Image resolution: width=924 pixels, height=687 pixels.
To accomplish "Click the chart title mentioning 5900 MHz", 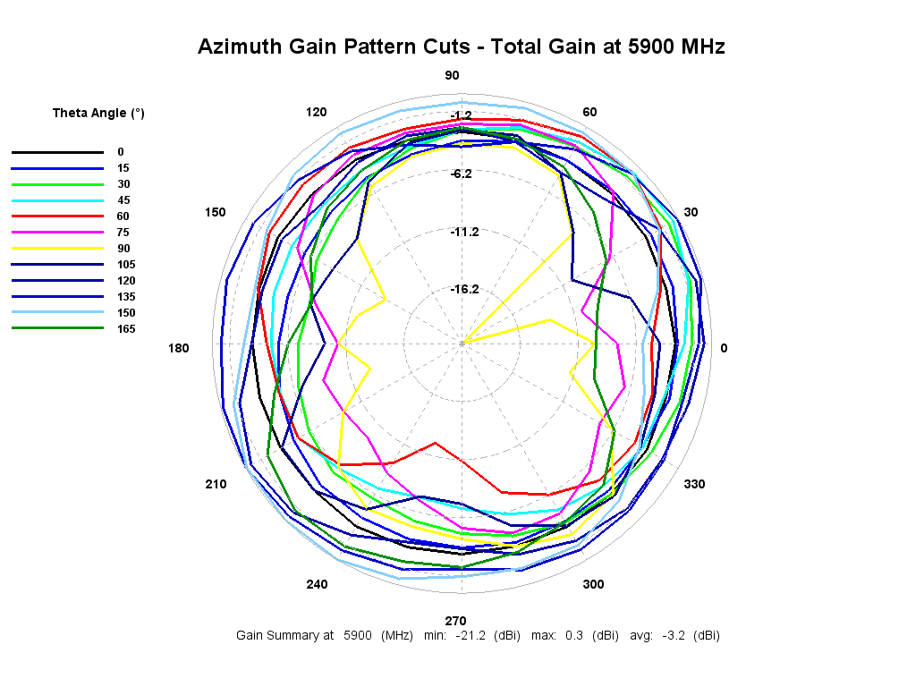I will [x=461, y=47].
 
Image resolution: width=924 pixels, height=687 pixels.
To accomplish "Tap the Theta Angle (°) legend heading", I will [x=98, y=113].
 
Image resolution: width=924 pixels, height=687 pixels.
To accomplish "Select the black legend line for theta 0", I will [x=57, y=152].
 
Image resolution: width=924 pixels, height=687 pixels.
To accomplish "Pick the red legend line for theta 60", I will [x=57, y=216].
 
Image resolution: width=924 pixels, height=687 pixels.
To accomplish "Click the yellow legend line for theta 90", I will [x=57, y=249].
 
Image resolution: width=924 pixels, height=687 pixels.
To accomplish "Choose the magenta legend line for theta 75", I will [x=57, y=233].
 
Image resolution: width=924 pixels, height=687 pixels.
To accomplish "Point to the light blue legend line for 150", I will [x=57, y=313].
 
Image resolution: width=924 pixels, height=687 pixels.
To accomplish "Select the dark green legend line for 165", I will [x=57, y=329].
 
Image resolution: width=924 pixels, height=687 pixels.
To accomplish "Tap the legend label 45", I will [x=123, y=200].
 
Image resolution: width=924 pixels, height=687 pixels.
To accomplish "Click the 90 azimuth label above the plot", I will [x=453, y=76].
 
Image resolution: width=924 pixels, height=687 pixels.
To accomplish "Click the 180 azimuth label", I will [x=179, y=348].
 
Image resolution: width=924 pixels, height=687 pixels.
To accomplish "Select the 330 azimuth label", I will [x=694, y=484].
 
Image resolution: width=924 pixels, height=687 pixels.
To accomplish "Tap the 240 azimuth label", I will [x=317, y=584].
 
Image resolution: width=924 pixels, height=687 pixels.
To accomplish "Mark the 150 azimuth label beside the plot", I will [x=215, y=212].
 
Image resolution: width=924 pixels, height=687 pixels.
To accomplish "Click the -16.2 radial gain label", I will [x=464, y=289].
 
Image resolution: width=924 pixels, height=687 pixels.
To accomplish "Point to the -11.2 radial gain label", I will [x=464, y=232].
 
